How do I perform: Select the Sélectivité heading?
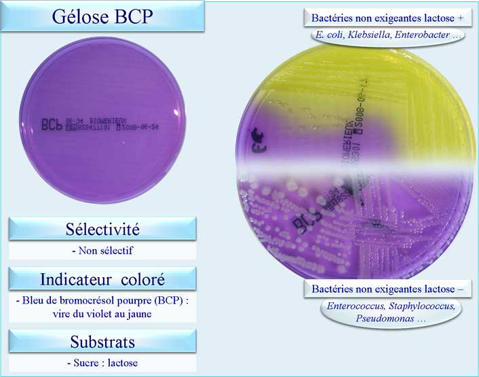pos(102,229)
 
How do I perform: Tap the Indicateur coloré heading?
pos(102,279)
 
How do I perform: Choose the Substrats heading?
pos(102,340)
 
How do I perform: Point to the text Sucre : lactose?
pos(102,363)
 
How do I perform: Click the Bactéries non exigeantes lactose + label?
pos(383,18)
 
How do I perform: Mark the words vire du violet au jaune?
pos(102,313)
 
